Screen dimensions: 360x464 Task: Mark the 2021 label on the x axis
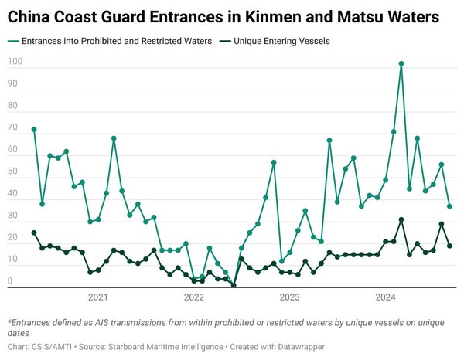point(97,297)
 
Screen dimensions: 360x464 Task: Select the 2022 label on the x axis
point(193,297)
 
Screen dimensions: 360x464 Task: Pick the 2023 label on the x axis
point(289,297)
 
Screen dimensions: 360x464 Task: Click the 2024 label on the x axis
point(385,297)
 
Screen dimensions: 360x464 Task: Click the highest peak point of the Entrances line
point(401,64)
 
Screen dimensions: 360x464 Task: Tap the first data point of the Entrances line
point(34,129)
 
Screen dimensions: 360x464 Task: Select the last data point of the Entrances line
point(449,206)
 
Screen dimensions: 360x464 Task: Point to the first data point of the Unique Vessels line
point(34,233)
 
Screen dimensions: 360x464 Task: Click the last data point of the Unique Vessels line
point(449,246)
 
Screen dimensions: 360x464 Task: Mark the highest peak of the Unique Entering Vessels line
point(401,219)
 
